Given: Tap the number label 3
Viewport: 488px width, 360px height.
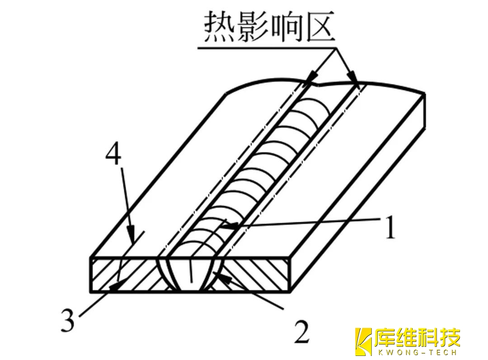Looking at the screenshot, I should (67, 320).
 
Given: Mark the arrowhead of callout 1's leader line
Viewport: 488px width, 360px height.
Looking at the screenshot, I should (225, 225).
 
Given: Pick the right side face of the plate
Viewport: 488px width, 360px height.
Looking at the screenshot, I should (357, 194).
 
